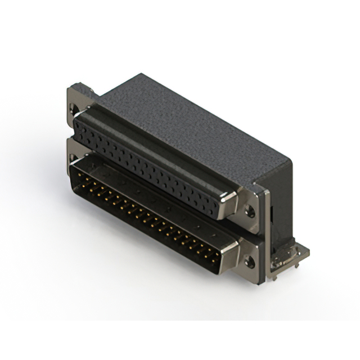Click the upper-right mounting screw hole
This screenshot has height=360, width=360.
coord(251,213)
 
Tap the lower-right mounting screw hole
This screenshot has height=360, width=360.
coord(250,261)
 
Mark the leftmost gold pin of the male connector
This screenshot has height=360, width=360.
coord(80,178)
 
